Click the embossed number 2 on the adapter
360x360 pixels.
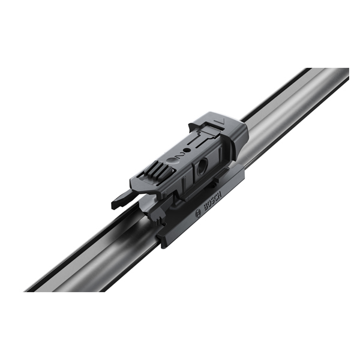180,155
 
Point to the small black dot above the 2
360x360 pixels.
188,151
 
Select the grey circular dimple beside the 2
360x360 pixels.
171,161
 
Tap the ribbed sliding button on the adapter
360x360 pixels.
158,170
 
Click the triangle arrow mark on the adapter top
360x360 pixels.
221,121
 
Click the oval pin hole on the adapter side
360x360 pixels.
202,165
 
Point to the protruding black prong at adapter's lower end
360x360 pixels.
121,200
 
